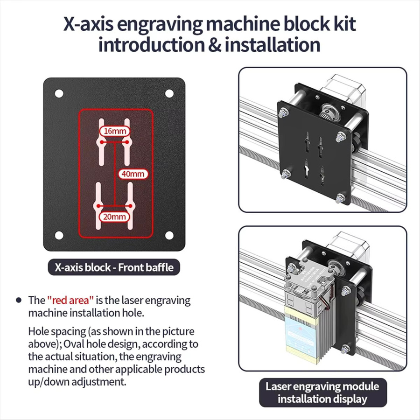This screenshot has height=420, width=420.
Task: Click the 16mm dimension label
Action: point(115,131)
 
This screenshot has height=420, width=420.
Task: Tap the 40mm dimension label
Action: point(133,174)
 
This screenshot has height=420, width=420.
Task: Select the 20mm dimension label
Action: point(114,217)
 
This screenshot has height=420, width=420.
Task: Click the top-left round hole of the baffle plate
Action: point(59,93)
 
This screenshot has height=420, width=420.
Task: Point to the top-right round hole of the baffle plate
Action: point(169,93)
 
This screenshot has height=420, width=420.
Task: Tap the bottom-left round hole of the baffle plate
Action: point(59,235)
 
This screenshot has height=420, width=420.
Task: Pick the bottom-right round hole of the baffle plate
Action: point(169,235)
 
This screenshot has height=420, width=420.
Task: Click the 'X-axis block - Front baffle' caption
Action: point(114,267)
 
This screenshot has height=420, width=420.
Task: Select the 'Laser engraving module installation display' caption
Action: point(323,392)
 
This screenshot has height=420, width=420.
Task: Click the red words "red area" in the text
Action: point(70,300)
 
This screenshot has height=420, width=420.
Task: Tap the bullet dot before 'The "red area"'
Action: point(19,300)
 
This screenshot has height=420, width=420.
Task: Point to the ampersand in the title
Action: point(215,45)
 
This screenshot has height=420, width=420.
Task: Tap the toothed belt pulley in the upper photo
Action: point(328,112)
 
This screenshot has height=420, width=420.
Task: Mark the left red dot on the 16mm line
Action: point(102,142)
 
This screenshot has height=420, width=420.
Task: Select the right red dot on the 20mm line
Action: point(130,206)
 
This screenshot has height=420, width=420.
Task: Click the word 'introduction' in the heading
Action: point(152,45)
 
